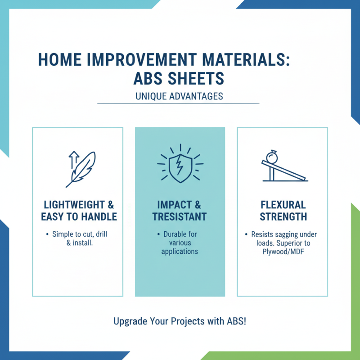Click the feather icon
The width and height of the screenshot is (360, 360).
pos(82,168)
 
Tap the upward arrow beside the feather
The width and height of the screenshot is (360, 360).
pos(72,160)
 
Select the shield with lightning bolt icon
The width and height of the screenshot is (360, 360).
pos(180,166)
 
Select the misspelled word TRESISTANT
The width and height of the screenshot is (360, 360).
pos(180,216)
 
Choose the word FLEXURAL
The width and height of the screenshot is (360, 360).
pos(283,203)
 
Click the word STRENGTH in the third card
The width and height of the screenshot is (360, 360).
pos(283,216)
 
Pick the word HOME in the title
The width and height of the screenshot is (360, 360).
pos(55,60)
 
